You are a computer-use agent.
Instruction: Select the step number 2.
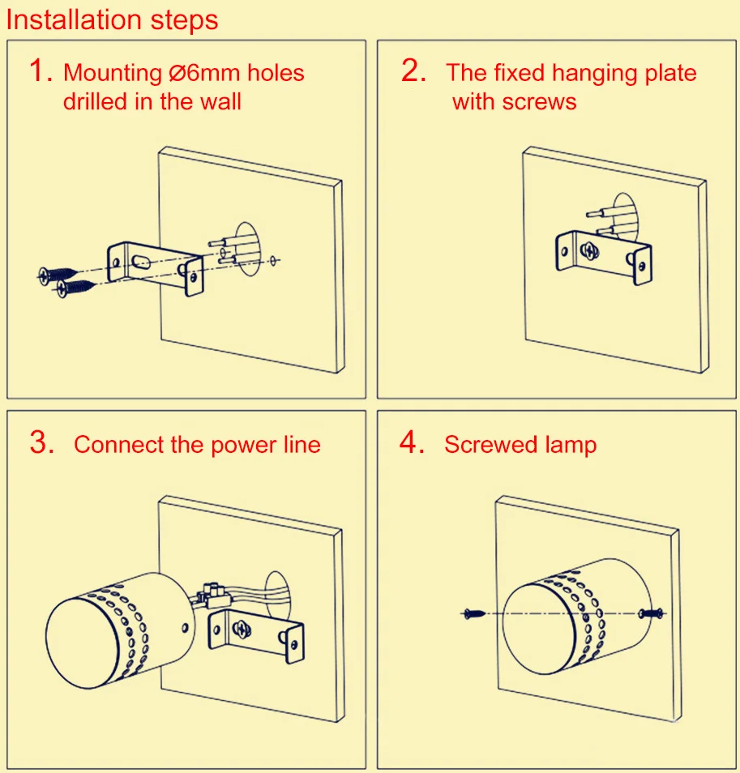coord(413,71)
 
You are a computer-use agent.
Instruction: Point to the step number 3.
coord(41,442)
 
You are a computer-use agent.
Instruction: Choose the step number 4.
coord(413,442)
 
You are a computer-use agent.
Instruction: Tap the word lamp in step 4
coord(571,446)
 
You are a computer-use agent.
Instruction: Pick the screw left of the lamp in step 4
coord(473,613)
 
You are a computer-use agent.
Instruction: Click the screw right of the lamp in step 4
coord(652,613)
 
